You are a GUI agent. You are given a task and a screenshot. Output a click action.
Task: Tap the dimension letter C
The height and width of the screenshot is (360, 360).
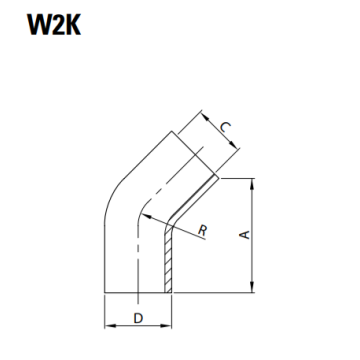[x=228, y=127]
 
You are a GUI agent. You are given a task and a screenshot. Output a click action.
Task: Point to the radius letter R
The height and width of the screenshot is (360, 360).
[x=203, y=231]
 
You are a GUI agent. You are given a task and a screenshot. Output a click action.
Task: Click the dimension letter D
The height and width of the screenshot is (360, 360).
[x=138, y=319]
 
